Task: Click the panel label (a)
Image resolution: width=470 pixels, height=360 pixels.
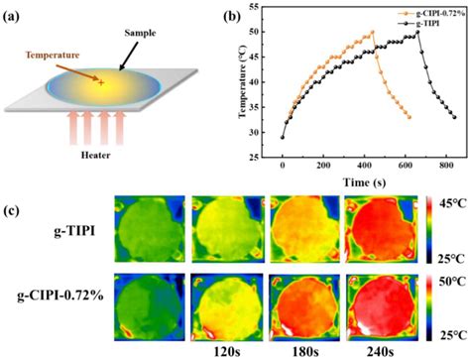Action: pos(11,17)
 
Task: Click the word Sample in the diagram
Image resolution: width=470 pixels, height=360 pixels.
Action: pos(140,33)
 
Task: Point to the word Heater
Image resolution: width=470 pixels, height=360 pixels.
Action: pos(95,155)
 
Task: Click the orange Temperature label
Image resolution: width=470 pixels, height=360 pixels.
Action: pos(53,55)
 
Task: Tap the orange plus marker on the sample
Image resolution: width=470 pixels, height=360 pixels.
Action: pos(101,82)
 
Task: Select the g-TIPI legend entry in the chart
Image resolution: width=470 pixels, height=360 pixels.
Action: pos(418,23)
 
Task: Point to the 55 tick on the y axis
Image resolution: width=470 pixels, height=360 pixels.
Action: pos(254,7)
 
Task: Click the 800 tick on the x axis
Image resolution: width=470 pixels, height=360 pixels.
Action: pos(446,166)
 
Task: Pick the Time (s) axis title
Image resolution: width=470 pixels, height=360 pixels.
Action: pos(364,182)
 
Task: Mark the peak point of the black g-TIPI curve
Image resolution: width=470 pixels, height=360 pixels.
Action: pos(417,32)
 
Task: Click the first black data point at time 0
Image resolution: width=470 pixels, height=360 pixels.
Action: pos(283,137)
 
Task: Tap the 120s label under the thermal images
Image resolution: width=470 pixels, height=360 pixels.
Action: pos(228,352)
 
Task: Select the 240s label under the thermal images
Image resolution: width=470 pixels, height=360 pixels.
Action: pos(382,352)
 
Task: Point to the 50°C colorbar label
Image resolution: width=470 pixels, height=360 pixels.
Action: pos(453,282)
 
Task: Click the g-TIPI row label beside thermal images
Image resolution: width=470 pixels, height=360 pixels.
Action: pos(74,231)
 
